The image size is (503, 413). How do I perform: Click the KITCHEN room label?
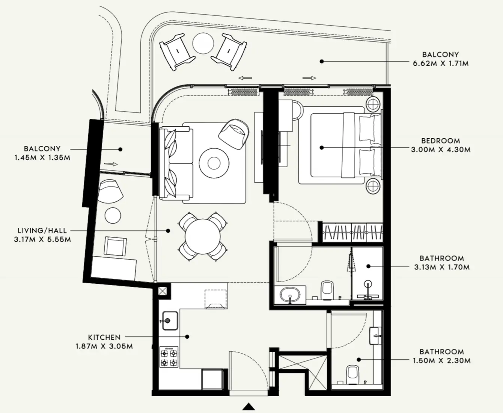(104, 337)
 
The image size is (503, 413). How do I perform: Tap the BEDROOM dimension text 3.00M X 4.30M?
(441, 150)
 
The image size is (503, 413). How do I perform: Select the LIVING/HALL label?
(42, 230)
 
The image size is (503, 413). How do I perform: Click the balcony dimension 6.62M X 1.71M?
(441, 64)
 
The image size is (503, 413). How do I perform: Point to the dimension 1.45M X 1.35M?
(42, 157)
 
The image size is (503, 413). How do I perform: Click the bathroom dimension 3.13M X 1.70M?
(442, 267)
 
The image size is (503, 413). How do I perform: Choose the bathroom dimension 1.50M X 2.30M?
(442, 361)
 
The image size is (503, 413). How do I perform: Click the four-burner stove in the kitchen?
(169, 357)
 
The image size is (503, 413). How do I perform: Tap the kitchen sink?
(170, 321)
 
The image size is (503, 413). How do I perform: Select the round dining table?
(203, 237)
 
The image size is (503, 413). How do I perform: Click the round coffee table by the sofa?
(214, 163)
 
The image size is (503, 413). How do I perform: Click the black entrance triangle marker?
(248, 407)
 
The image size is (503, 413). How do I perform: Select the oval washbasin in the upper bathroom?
(289, 293)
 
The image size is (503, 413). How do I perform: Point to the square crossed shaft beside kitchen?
(163, 291)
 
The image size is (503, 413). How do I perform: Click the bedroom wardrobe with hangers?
(352, 232)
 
